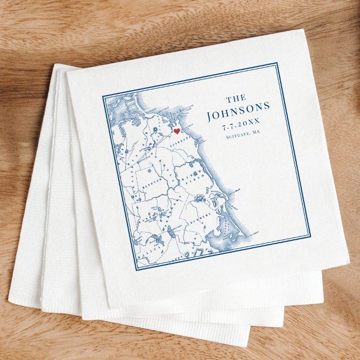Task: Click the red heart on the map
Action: coord(177,131)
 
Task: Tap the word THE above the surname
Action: coord(235,97)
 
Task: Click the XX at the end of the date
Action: coord(254,124)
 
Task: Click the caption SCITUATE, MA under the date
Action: coord(244,136)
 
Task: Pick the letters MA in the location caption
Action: coord(258,134)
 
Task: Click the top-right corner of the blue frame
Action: coord(277,63)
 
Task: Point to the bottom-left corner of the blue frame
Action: coord(135,271)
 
